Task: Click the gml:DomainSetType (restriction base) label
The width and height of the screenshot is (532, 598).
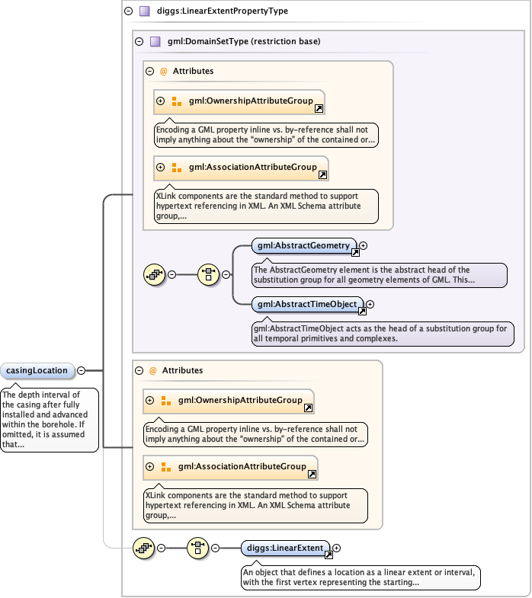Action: (244, 41)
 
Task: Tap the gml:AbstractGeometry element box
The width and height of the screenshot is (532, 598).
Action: (303, 245)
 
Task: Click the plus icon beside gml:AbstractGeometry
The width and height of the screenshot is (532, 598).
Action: (364, 245)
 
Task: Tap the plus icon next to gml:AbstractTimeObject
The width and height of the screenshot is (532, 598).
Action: (370, 305)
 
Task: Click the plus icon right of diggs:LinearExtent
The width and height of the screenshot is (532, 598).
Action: (337, 548)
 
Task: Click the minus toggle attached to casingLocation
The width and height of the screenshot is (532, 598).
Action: (81, 371)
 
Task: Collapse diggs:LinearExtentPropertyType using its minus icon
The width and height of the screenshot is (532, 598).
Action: (127, 11)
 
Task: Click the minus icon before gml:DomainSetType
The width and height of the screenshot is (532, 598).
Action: (138, 42)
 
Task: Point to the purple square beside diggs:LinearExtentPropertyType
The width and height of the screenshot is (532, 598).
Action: (144, 11)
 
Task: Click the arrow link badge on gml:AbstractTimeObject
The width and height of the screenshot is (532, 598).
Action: (362, 311)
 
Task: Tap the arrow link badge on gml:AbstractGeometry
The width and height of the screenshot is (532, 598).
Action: (355, 251)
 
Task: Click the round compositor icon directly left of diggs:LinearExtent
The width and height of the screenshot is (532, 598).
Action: (198, 548)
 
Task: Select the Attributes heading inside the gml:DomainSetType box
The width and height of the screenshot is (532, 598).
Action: (193, 71)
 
